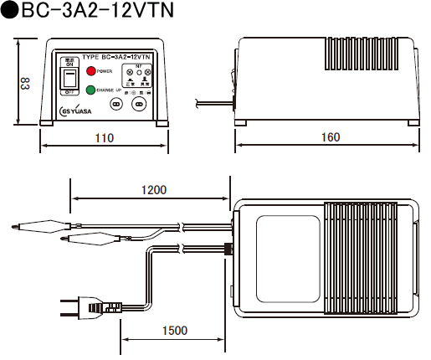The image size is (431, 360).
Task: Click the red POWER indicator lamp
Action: pyautogui.click(x=91, y=72)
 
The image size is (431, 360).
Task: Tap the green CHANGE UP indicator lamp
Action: pyautogui.click(x=91, y=89)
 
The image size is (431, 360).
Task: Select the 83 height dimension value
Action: pyautogui.click(x=24, y=84)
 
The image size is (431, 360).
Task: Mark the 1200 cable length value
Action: pyautogui.click(x=152, y=190)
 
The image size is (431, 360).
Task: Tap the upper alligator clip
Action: pyautogui.click(x=38, y=224)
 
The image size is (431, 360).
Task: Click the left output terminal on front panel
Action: pyautogui.click(x=117, y=105)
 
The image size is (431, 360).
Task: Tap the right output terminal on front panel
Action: pyautogui.click(x=140, y=105)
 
